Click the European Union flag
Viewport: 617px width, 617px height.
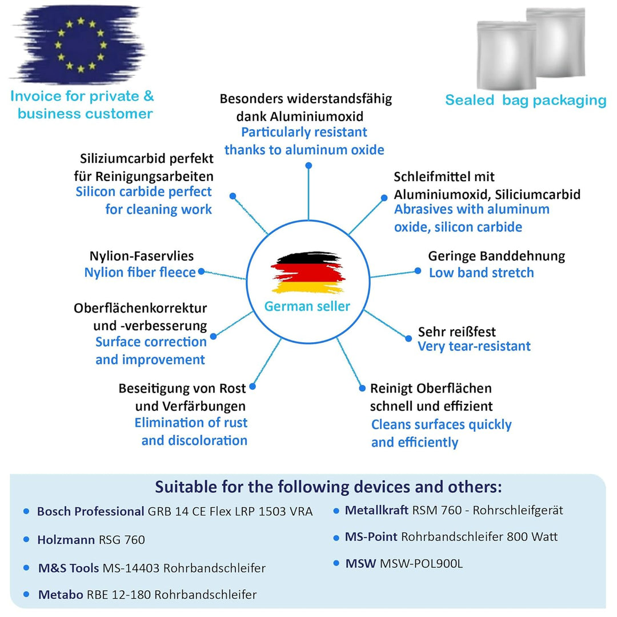click(x=81, y=45)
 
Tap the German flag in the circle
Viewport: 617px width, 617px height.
click(x=308, y=273)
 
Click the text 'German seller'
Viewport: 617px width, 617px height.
click(x=307, y=306)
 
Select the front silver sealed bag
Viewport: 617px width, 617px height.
click(x=506, y=56)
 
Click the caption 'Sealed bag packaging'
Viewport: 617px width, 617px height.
click(x=526, y=100)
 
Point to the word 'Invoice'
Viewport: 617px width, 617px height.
click(x=36, y=96)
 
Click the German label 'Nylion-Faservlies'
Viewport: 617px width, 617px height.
click(x=142, y=256)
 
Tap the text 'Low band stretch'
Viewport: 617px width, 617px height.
click(x=481, y=273)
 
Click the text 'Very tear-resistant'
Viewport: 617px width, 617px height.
click(x=474, y=346)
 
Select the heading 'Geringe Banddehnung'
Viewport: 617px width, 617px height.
click(x=496, y=256)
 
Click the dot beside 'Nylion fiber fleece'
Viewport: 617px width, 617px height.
click(x=202, y=271)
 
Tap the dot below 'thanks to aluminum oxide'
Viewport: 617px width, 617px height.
click(x=309, y=166)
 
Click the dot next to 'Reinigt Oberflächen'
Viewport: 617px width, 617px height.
click(x=362, y=388)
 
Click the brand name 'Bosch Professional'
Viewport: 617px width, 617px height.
click(x=90, y=511)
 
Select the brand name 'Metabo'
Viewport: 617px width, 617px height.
click(x=61, y=594)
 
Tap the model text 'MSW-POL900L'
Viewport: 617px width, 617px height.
click(x=421, y=563)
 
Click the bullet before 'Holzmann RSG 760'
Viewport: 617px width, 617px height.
click(x=26, y=539)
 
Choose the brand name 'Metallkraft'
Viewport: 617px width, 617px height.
click(x=376, y=510)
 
